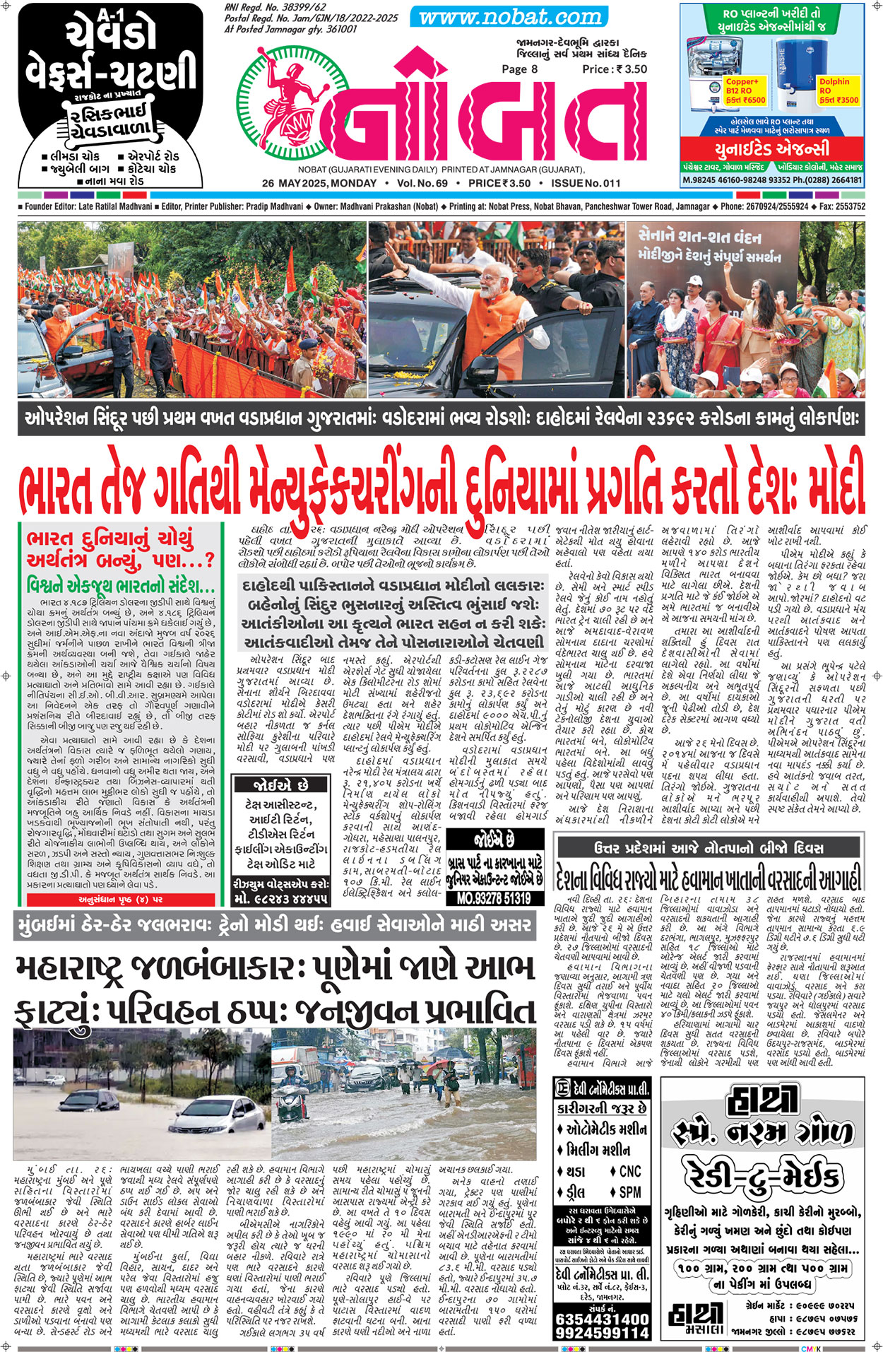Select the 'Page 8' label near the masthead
(519, 69)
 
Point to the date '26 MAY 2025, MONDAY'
(319, 183)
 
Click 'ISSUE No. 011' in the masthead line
(580, 183)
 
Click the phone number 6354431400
(602, 1319)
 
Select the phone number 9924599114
(602, 1333)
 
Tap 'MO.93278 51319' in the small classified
(494, 898)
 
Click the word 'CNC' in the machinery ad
(629, 1172)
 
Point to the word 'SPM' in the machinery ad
(629, 1192)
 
